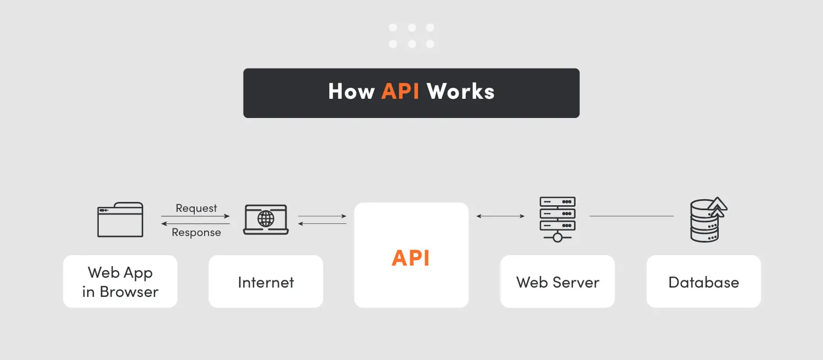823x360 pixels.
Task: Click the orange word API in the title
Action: pyautogui.click(x=401, y=92)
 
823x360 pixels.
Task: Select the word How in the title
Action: pyautogui.click(x=351, y=92)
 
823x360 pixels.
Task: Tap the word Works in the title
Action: pyautogui.click(x=461, y=92)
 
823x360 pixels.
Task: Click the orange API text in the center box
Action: pyautogui.click(x=411, y=258)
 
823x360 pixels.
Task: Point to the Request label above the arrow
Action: pyautogui.click(x=196, y=209)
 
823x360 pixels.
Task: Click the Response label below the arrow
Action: pyautogui.click(x=196, y=233)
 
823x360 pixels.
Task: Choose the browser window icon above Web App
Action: pyautogui.click(x=120, y=220)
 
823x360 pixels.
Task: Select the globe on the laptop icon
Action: pyautogui.click(x=266, y=219)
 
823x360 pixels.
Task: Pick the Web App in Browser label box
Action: pyautogui.click(x=120, y=282)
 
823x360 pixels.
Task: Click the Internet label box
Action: pyautogui.click(x=266, y=282)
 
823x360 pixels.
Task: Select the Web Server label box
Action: pyautogui.click(x=557, y=282)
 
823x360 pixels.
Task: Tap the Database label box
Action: pyautogui.click(x=704, y=282)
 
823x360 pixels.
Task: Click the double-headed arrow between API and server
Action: pyautogui.click(x=500, y=216)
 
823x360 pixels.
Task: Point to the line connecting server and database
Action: pyautogui.click(x=631, y=216)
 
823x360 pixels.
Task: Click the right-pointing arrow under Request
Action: pyautogui.click(x=196, y=216)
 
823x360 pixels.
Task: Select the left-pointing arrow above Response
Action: pyautogui.click(x=196, y=223)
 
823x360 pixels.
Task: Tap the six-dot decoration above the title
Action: pyautogui.click(x=411, y=36)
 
